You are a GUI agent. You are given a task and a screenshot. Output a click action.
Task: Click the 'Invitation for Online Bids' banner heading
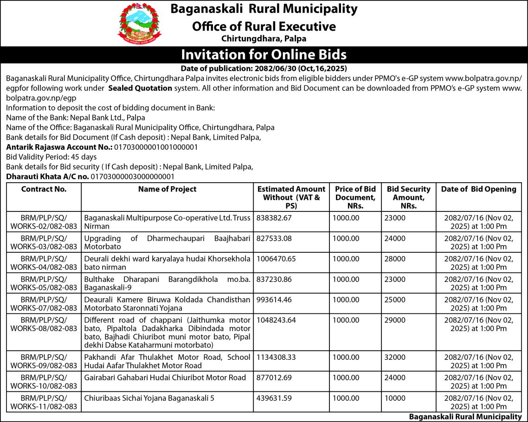264,55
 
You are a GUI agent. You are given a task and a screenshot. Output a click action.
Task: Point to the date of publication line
264,68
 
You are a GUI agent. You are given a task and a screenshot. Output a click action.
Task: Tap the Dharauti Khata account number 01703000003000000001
133,176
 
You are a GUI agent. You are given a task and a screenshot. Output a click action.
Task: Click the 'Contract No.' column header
44,189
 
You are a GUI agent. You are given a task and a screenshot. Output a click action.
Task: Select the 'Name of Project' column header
167,189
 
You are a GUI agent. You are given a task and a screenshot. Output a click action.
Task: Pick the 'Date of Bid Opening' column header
478,189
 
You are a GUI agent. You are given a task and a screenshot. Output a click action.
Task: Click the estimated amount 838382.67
274,217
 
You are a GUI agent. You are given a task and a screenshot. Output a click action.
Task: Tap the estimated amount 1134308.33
276,357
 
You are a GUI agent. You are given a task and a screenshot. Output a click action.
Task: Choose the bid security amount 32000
395,357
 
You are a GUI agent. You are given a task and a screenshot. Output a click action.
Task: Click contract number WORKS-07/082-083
44,308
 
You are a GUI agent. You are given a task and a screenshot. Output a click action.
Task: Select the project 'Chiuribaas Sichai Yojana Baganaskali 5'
149,398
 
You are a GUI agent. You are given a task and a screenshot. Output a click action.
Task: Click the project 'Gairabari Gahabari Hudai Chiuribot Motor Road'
165,377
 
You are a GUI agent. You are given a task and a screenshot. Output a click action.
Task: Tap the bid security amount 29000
395,320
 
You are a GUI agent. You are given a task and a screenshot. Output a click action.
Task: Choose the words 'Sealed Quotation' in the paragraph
140,88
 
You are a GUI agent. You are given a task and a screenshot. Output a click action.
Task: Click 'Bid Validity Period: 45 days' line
51,157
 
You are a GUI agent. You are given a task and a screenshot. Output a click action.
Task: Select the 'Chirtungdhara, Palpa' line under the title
264,39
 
